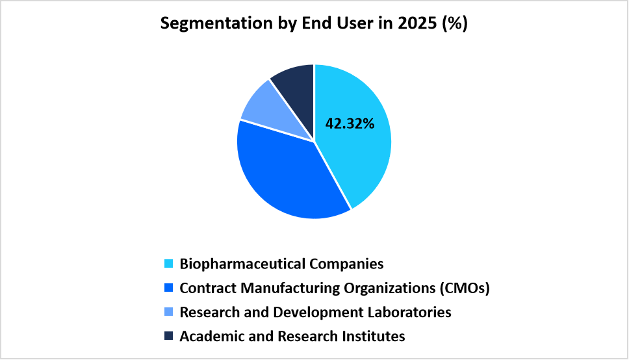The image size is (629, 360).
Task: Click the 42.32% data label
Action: click(350, 123)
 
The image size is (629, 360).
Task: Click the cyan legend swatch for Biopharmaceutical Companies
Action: click(168, 264)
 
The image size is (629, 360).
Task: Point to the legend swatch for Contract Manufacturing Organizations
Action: click(168, 289)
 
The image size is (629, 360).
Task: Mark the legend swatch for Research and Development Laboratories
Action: click(168, 313)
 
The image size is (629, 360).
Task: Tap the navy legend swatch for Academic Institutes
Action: click(168, 337)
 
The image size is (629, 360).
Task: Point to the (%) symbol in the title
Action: click(454, 24)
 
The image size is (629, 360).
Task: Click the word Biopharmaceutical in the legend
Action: click(240, 264)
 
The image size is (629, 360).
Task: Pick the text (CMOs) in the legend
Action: click(463, 289)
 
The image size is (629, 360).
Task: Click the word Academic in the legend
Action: click(206, 337)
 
